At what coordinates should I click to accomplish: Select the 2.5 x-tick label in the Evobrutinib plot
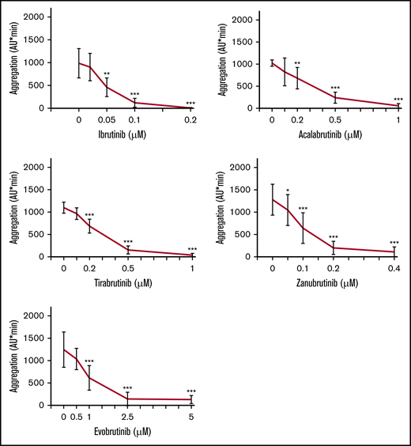point(128,417)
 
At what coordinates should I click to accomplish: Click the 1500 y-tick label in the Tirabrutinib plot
point(34,190)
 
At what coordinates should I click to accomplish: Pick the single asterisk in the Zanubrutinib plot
point(288,191)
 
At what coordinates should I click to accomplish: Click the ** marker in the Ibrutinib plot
point(107,74)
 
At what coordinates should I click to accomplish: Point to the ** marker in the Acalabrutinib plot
point(297,64)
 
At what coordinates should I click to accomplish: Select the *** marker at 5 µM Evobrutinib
point(191,391)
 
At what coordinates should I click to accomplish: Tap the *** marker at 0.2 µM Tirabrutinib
point(89,215)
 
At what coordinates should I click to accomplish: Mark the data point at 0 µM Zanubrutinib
point(273,199)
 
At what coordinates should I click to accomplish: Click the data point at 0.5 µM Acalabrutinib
point(335,97)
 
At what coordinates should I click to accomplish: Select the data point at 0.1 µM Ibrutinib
point(134,103)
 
